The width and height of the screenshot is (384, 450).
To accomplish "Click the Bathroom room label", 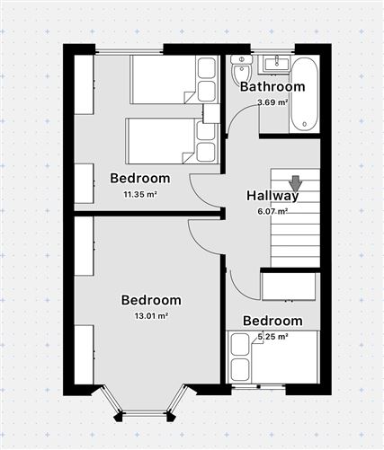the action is [272, 86].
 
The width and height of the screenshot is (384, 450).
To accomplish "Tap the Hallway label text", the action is [272, 196].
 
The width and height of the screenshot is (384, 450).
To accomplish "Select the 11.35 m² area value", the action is [140, 195].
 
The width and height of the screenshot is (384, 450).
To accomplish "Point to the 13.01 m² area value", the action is [151, 315].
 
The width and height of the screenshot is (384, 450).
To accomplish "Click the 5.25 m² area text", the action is [272, 337].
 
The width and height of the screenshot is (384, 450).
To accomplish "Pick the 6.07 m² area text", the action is [272, 211].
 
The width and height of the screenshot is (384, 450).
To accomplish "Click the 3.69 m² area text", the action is [272, 102].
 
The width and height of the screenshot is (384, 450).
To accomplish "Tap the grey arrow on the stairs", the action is [296, 184].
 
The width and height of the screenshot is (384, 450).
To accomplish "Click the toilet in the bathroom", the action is [241, 70].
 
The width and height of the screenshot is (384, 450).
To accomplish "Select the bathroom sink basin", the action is [276, 64].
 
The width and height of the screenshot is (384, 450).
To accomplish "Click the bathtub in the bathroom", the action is [304, 94].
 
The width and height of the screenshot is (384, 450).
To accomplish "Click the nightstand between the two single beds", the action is [210, 113].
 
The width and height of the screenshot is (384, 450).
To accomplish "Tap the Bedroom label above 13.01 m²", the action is [151, 300].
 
